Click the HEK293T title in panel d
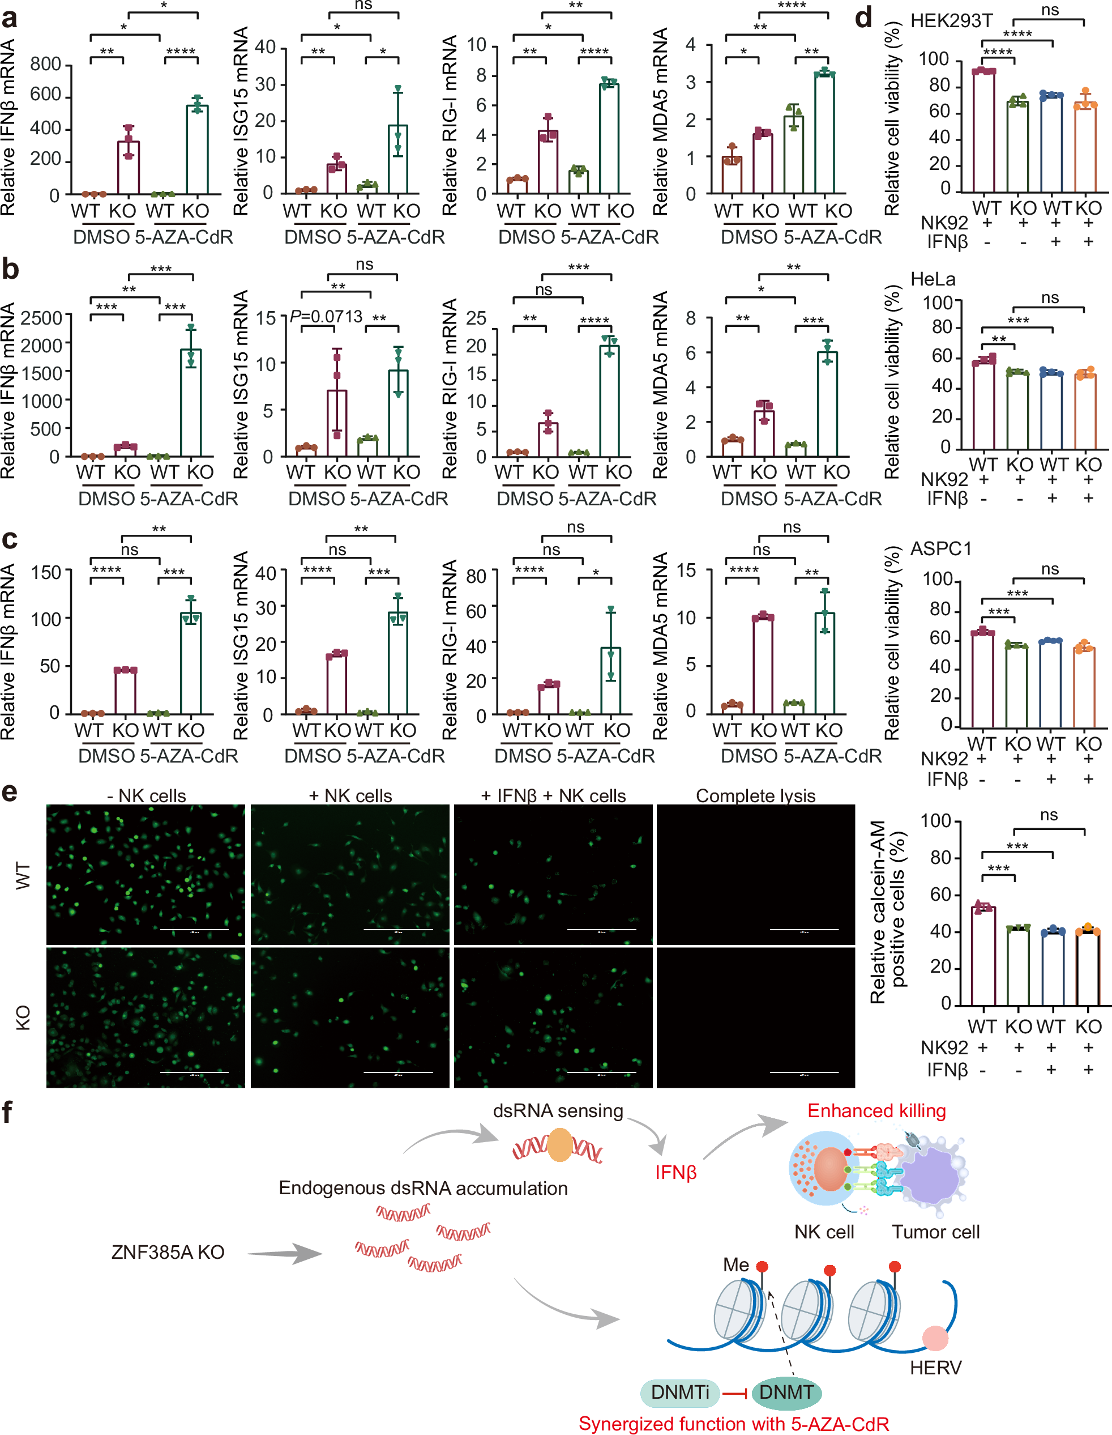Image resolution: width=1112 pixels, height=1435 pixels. [x=951, y=21]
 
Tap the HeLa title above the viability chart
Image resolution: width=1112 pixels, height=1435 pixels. [x=933, y=279]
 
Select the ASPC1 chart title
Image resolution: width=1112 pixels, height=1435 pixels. [x=940, y=548]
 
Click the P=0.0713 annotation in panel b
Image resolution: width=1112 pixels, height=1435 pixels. [x=327, y=317]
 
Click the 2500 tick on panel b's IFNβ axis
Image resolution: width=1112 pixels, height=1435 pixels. [x=41, y=318]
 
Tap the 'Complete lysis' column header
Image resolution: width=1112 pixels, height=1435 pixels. [x=755, y=796]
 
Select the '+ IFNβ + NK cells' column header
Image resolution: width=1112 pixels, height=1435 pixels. [x=553, y=796]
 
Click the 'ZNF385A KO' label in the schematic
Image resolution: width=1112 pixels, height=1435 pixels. [x=168, y=1251]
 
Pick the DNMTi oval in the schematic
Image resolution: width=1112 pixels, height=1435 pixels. [x=680, y=1391]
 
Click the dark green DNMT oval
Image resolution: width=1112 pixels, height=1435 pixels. [x=786, y=1391]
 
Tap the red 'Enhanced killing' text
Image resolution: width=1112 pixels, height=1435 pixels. [x=876, y=1110]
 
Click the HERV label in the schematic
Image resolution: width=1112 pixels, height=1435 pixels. [x=935, y=1368]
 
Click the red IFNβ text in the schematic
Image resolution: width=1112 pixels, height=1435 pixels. [x=675, y=1172]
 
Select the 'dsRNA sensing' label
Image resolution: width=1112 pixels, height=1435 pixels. [x=558, y=1110]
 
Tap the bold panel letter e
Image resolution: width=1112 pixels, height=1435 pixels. [x=9, y=792]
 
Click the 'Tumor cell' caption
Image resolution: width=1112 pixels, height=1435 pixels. [x=935, y=1232]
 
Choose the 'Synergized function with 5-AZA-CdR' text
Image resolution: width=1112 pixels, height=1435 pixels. [x=734, y=1424]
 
